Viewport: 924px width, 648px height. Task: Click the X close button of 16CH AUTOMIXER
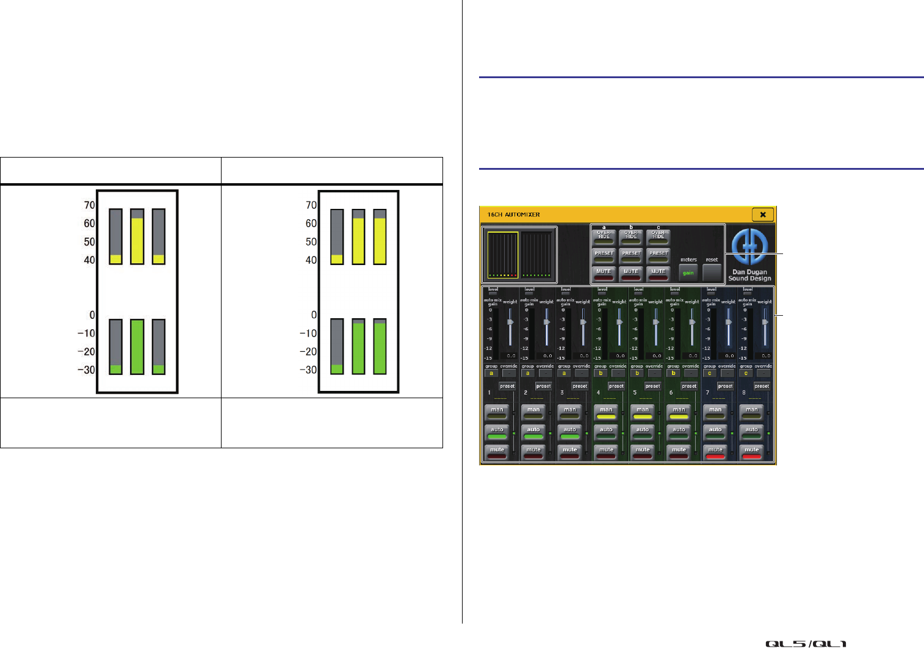click(x=763, y=214)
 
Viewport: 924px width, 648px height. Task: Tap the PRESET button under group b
click(x=631, y=253)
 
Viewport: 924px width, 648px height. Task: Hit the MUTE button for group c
click(x=658, y=272)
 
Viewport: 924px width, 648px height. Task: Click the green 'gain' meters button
click(x=688, y=272)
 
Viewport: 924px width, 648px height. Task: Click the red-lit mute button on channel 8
click(x=751, y=452)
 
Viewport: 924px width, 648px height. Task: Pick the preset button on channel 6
click(x=689, y=386)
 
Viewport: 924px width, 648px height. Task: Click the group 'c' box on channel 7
click(x=709, y=373)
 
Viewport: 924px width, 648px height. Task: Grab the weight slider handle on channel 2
click(x=547, y=322)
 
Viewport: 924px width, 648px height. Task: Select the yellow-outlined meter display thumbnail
click(x=502, y=255)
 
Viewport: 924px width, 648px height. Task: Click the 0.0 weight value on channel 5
click(x=657, y=355)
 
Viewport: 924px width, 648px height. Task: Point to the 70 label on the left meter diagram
click(x=89, y=205)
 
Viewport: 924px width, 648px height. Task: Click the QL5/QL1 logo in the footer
click(x=806, y=643)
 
